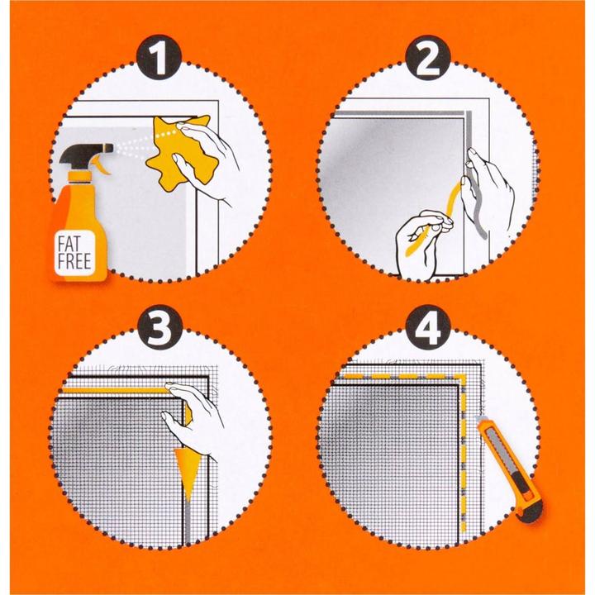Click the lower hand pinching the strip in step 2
[421, 240]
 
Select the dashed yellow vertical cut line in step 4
[462, 455]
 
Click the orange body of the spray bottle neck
[79, 177]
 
